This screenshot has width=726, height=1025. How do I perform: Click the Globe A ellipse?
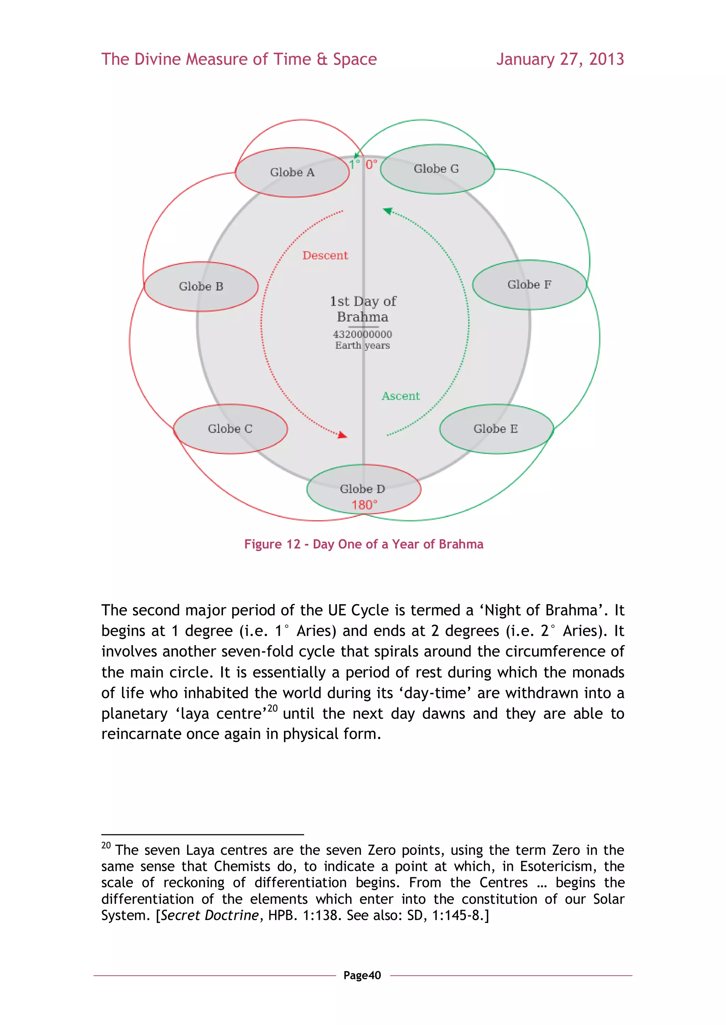(292, 173)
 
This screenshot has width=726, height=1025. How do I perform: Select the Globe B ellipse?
(201, 286)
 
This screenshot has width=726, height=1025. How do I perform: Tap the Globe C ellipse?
(230, 429)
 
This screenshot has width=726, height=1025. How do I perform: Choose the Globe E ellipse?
(496, 429)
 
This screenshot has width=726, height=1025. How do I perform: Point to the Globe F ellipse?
(529, 285)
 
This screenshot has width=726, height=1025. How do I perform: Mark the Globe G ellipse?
(437, 169)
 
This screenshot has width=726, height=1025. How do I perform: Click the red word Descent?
(325, 255)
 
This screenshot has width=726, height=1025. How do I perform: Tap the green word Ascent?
(401, 396)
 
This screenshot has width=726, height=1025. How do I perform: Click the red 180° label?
(364, 505)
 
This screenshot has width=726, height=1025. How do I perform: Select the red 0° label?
(371, 164)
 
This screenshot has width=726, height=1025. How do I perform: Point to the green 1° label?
(354, 164)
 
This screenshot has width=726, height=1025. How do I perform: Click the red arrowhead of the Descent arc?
(343, 435)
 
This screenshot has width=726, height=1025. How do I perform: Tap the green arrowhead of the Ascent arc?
(387, 211)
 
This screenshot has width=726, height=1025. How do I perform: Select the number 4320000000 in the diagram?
(363, 334)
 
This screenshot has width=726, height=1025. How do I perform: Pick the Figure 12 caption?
(363, 544)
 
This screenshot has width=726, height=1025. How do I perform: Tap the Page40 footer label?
(362, 975)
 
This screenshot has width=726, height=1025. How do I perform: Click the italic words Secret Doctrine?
(210, 915)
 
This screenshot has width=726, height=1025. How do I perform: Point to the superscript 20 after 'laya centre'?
(272, 708)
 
